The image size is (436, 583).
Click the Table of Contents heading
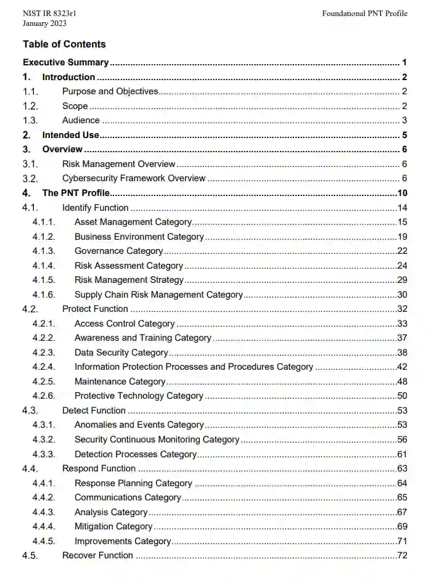point(64,44)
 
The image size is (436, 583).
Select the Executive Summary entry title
point(66,62)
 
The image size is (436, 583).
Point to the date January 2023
point(44,23)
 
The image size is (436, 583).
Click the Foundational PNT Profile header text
point(364,14)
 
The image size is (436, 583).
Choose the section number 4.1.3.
point(44,251)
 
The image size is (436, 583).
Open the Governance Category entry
point(118,251)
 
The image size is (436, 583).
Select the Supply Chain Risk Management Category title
point(158,295)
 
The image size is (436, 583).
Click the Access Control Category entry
point(125,324)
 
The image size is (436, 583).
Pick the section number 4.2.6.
point(44,396)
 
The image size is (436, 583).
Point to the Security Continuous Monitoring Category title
point(157,439)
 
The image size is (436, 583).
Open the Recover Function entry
point(97,555)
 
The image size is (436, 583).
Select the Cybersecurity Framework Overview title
point(134,178)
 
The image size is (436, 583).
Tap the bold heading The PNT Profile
point(76,193)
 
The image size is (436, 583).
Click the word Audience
point(81,120)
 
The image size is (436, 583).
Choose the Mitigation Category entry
point(113,526)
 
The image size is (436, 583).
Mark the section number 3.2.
point(30,179)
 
